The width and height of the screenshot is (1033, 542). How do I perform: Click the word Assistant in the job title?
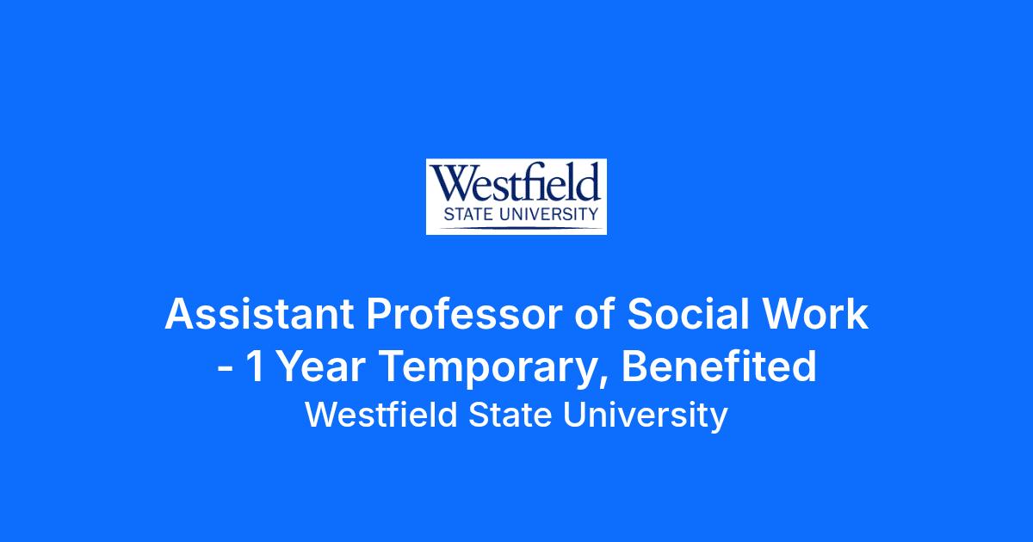click(260, 314)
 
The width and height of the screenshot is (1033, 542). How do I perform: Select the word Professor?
click(464, 314)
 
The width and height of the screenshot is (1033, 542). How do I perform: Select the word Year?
click(322, 366)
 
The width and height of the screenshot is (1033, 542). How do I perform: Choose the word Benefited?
click(720, 366)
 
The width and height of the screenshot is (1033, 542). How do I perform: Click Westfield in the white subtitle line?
click(380, 415)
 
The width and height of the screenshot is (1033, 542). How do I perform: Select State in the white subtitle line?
click(510, 416)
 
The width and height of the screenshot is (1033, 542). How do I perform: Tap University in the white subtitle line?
click(645, 417)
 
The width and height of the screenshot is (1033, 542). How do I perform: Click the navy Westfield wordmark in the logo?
click(516, 182)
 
